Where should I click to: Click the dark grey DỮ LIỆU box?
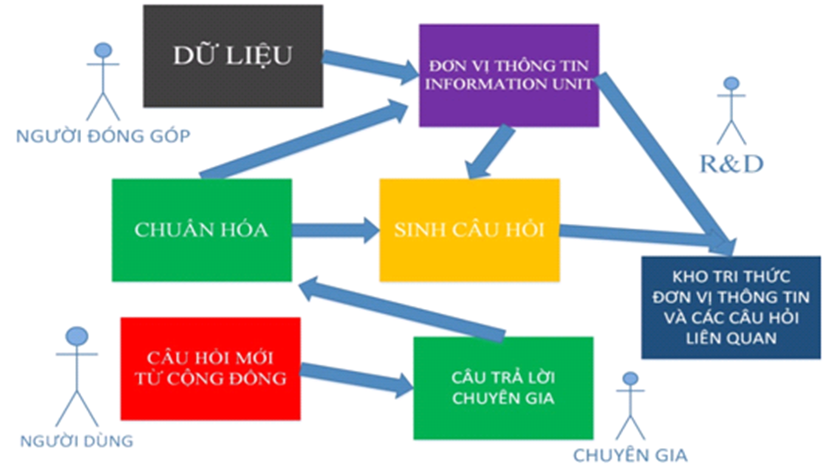(x=233, y=56)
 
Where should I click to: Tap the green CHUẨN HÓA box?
(x=202, y=230)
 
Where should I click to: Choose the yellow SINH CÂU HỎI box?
(x=469, y=230)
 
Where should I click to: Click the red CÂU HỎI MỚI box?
(x=211, y=369)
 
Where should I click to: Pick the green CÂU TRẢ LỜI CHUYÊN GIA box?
(x=503, y=388)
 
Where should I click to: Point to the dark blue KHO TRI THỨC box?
(x=731, y=307)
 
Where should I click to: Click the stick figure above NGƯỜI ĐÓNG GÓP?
(x=103, y=82)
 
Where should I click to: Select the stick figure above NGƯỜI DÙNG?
(x=77, y=376)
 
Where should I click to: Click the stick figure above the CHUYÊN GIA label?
(x=630, y=406)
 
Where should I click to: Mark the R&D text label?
(x=731, y=164)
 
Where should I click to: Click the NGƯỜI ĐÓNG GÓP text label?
(x=103, y=136)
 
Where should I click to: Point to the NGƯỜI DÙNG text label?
(x=77, y=441)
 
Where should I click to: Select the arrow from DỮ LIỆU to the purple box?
(x=369, y=64)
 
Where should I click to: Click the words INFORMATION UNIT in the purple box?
(x=509, y=84)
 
